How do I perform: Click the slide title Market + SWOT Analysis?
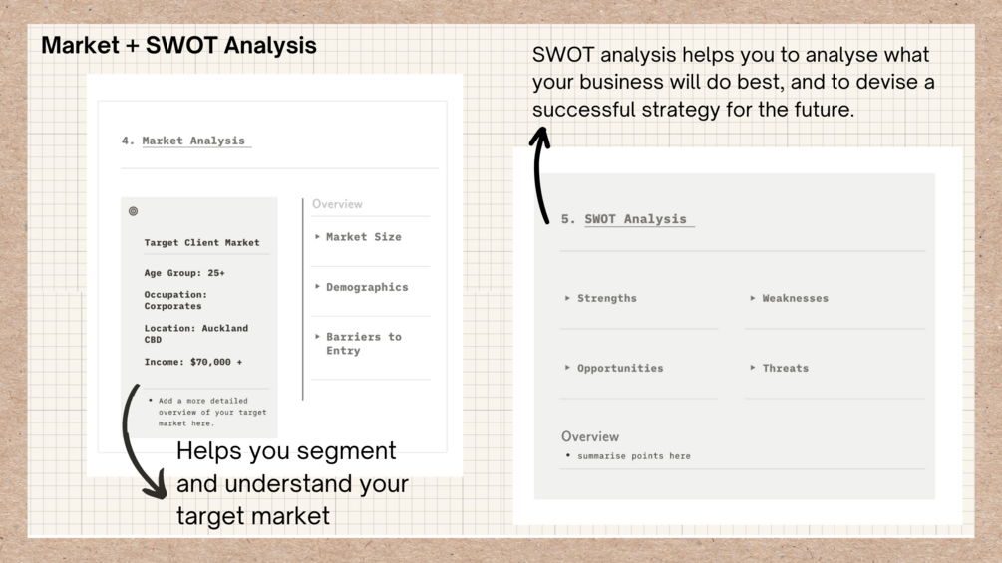coord(178,45)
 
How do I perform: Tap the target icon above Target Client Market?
coord(133,211)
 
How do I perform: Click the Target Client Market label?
coord(202,242)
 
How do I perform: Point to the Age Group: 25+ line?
coord(184,273)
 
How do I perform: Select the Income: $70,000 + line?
coord(193,362)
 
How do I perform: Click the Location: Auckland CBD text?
coord(196,334)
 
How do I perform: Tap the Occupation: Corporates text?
coord(175,300)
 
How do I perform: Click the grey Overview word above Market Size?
coord(337,204)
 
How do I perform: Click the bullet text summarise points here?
coord(634,456)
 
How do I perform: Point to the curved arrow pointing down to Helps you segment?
coord(126,440)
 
